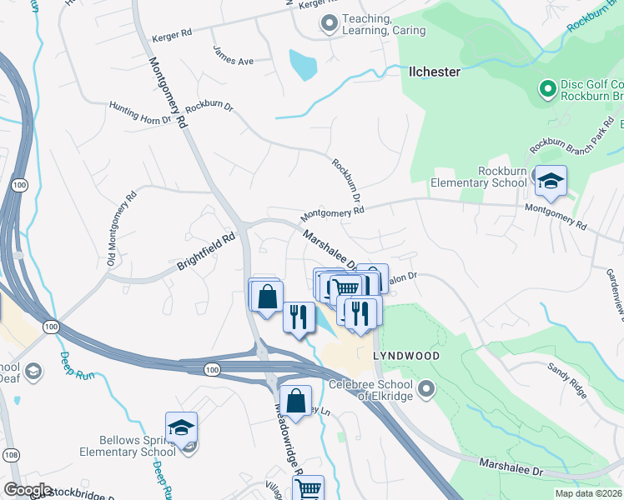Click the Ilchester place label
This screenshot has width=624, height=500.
coord(434,72)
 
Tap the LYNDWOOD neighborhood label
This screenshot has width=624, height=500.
coord(406,355)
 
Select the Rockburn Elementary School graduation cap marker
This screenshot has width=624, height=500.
coord(551,181)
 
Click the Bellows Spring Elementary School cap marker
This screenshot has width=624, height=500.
coord(181,427)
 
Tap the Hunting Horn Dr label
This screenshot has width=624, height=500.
coord(140,112)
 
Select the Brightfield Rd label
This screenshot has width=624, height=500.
coord(206,251)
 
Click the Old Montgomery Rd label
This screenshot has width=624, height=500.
coord(121,231)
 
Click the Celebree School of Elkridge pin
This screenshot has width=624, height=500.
coord(427,388)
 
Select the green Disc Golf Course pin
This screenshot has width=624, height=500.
coord(547,88)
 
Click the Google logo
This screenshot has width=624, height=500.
coord(28,490)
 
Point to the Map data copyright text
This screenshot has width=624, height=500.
coord(589,493)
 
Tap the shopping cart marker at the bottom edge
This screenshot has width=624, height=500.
coord(308,489)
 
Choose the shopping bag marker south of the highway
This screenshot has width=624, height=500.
coord(295,401)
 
